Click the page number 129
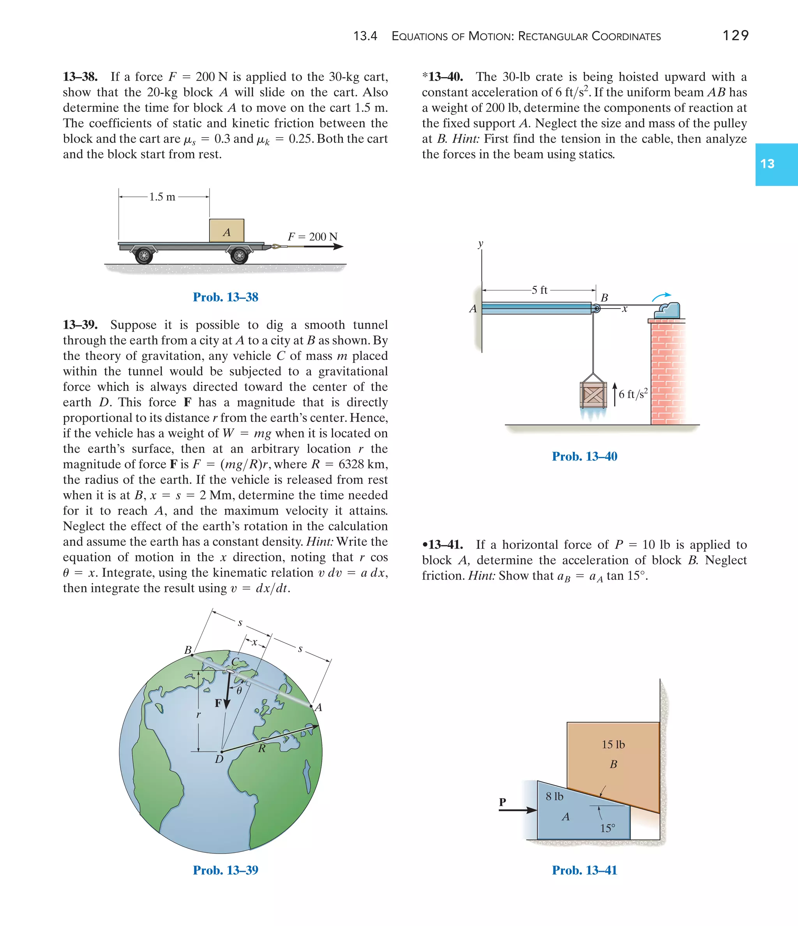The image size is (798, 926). (x=735, y=35)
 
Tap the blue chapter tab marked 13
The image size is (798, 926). (x=776, y=164)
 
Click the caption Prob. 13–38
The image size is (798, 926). (x=225, y=297)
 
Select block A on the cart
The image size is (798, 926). (x=227, y=231)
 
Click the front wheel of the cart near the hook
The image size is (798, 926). (x=240, y=256)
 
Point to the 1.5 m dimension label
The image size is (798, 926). (x=162, y=197)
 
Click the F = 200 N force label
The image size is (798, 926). (x=312, y=237)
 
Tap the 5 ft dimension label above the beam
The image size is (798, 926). (x=539, y=290)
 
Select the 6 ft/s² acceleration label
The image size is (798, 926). (x=632, y=394)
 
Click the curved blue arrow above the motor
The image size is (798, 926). (x=661, y=297)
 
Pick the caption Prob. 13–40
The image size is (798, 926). (x=584, y=456)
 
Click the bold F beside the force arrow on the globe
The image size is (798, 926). (x=218, y=703)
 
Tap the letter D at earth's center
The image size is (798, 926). (x=219, y=759)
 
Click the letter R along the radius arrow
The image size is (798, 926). (x=262, y=748)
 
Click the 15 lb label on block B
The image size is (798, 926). (x=613, y=744)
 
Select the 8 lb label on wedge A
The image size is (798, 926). (x=554, y=796)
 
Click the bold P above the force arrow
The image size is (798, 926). (x=503, y=802)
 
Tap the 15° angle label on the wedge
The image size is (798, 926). (x=607, y=828)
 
